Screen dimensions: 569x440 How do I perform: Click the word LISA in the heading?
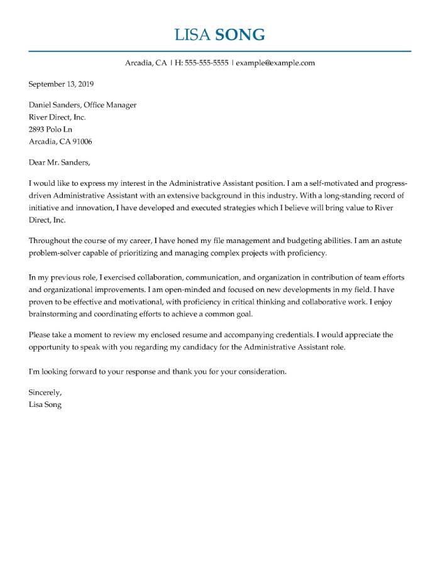[193, 35]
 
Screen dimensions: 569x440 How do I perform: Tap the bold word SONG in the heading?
[240, 35]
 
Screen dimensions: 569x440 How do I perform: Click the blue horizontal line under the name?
[220, 51]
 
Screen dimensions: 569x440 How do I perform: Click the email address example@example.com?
[275, 63]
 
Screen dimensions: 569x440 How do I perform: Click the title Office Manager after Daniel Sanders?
[110, 105]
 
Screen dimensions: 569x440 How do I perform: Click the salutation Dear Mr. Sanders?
[60, 162]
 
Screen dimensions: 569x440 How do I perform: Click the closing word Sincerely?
[45, 393]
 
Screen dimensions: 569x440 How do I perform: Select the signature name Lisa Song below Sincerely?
[45, 405]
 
